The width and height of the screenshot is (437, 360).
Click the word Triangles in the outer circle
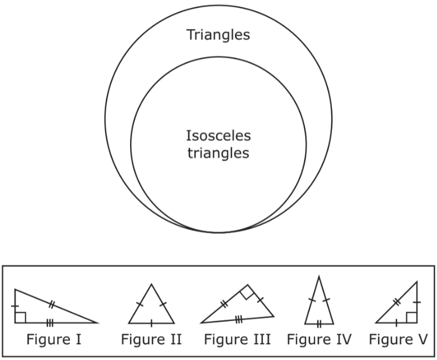tap(218, 35)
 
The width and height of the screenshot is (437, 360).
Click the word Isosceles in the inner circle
tap(218, 135)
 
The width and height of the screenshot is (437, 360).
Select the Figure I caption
tap(54, 339)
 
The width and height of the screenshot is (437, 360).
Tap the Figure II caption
tap(151, 339)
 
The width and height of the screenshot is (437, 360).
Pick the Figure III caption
tap(237, 339)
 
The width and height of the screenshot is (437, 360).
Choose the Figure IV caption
tap(319, 339)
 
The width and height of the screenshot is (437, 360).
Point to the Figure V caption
tap(398, 339)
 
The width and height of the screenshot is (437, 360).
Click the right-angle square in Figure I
tap(21, 317)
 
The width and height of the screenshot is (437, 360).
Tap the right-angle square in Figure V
tap(411, 317)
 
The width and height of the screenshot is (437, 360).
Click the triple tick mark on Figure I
tap(49, 323)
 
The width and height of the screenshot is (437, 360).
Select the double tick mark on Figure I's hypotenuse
tap(51, 304)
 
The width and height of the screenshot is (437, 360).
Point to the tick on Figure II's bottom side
tap(151, 323)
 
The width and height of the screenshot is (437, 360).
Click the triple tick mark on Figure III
tap(238, 319)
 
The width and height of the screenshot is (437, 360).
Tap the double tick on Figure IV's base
tap(319, 323)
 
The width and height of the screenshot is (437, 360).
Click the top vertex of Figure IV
tap(319, 277)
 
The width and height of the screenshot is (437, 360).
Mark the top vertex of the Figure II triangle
tap(151, 284)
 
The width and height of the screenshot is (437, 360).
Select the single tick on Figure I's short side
tap(15, 306)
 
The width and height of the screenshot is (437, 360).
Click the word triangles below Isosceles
tap(218, 153)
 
